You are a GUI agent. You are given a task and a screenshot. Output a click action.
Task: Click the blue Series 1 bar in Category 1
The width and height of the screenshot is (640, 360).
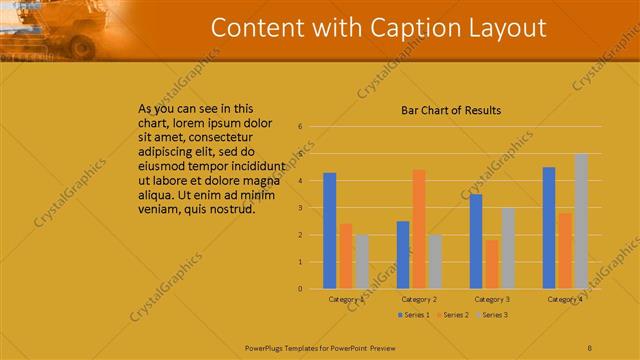(330, 231)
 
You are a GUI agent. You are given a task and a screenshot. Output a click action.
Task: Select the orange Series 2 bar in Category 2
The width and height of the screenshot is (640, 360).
(419, 229)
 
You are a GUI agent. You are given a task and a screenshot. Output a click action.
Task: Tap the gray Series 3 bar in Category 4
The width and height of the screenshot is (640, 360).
(581, 221)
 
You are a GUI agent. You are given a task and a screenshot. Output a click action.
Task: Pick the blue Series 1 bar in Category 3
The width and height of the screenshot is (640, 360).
(476, 241)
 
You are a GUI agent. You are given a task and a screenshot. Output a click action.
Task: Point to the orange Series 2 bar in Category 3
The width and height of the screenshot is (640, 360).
(492, 264)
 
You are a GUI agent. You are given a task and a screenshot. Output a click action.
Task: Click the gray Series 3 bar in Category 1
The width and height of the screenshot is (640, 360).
(362, 262)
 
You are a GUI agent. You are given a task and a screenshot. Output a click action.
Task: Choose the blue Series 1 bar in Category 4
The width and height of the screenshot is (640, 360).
(549, 228)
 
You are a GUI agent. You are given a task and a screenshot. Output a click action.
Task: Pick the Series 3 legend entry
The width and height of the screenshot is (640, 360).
(491, 315)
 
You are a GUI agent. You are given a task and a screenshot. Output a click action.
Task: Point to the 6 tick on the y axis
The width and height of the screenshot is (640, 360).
(300, 127)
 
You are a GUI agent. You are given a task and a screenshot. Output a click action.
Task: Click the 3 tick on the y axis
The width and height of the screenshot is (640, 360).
(300, 208)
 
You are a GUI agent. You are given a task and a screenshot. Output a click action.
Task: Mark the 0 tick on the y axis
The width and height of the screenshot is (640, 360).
(300, 289)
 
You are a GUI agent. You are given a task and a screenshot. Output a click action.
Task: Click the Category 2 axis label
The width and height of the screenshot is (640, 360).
(419, 299)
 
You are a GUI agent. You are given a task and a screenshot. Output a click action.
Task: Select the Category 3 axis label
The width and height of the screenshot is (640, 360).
(492, 299)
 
